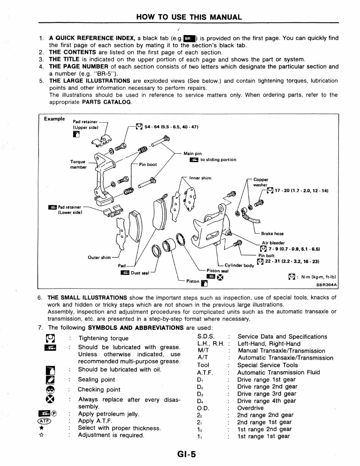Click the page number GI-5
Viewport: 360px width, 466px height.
click(186, 454)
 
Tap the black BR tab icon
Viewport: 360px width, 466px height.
click(189, 39)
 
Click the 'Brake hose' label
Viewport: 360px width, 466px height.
click(272, 233)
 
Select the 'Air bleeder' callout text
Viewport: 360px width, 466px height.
click(273, 243)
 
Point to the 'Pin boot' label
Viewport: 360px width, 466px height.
click(148, 164)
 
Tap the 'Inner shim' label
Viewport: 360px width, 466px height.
click(200, 178)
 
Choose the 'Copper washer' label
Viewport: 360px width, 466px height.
click(261, 182)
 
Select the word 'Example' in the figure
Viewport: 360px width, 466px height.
click(54, 119)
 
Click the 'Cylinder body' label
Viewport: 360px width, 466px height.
click(239, 265)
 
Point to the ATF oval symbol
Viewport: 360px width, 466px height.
click(44, 421)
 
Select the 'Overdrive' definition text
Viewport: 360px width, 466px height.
click(250, 408)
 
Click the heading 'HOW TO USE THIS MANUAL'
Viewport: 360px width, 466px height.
click(189, 17)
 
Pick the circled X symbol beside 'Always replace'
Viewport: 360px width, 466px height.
click(50, 399)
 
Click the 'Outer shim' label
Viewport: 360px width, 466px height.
click(99, 257)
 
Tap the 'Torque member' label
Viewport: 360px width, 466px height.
click(78, 164)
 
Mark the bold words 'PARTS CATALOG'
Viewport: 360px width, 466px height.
click(106, 102)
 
